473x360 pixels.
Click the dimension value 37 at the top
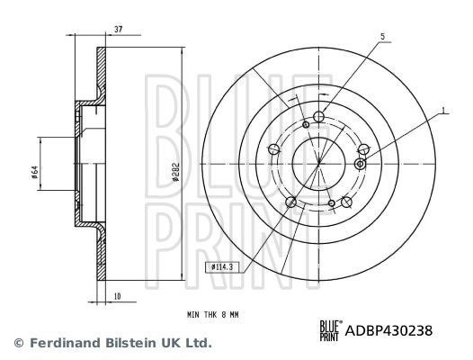(119, 29)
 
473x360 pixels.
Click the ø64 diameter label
(33, 170)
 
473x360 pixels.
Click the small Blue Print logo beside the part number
(331, 331)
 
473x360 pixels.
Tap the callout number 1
(443, 111)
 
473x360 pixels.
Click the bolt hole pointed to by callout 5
(319, 115)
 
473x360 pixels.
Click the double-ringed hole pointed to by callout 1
(360, 164)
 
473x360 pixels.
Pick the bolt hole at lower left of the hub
(290, 202)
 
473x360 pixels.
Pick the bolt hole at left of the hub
(273, 149)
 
